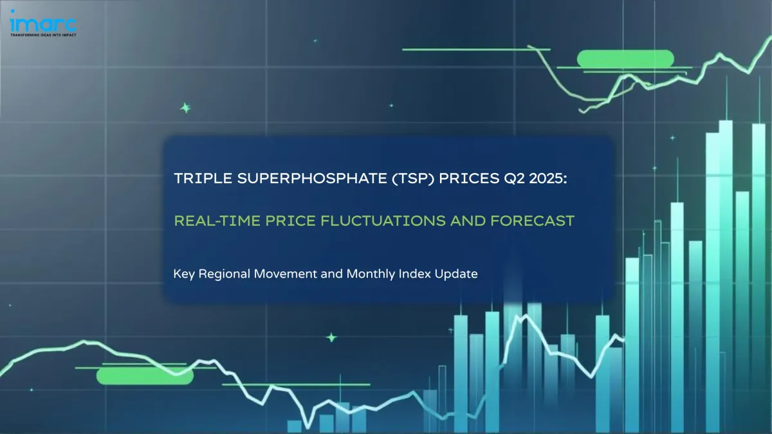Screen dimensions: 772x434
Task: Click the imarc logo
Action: click(43, 23)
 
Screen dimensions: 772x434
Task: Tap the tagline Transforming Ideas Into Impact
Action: click(43, 35)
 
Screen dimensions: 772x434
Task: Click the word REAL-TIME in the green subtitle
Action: click(217, 221)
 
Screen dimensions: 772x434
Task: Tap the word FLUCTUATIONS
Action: click(383, 221)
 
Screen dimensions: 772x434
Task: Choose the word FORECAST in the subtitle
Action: click(532, 221)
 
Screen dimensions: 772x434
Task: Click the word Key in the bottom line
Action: click(184, 274)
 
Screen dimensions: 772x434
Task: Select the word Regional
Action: click(225, 274)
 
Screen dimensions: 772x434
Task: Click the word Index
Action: click(414, 274)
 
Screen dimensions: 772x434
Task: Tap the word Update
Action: click(456, 275)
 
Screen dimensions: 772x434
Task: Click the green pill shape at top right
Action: click(625, 59)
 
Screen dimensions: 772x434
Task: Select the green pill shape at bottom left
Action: click(145, 375)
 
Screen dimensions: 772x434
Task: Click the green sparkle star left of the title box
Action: click(185, 108)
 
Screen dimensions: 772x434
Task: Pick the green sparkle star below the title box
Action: click(331, 338)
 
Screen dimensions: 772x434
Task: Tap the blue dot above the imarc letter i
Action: click(13, 11)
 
